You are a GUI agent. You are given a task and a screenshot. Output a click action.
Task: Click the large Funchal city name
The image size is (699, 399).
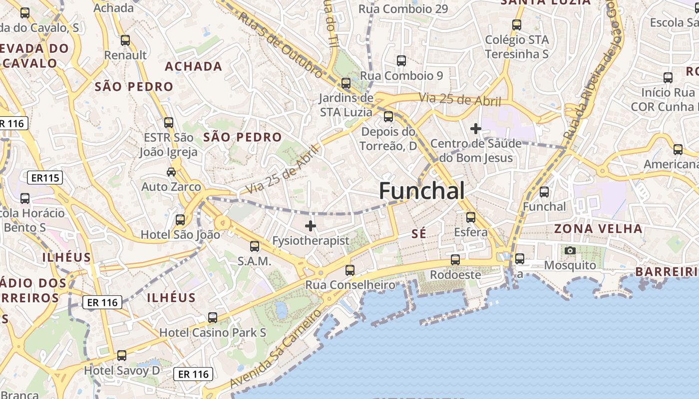coord(422,191)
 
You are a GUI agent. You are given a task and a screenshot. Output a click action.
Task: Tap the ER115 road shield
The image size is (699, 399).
coord(45,178)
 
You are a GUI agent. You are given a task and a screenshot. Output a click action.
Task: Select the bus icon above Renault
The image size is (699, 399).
coord(125,40)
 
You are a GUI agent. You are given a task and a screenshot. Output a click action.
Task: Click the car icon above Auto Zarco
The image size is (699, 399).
coord(171,172)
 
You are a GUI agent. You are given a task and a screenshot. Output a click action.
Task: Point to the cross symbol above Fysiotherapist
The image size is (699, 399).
coord(311,226)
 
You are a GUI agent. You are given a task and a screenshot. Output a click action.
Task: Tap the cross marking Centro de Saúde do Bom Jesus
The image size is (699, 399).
coord(476,129)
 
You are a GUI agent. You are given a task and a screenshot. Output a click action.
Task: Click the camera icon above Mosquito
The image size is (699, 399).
coord(570,250)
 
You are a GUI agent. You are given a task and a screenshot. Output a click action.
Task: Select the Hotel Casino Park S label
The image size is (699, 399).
coord(212,332)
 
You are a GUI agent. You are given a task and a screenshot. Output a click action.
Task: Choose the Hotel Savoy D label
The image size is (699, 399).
coord(122,371)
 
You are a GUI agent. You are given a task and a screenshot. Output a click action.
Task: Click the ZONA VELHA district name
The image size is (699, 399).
coord(598,229)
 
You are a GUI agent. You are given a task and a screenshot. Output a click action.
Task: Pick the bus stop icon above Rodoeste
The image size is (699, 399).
coord(455,260)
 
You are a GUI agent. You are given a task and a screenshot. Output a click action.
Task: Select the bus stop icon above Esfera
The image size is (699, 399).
coord(471,217)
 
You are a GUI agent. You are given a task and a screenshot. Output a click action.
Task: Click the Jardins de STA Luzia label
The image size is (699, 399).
coord(346,105)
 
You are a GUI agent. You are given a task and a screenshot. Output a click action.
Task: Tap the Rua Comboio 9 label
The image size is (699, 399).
coord(401,76)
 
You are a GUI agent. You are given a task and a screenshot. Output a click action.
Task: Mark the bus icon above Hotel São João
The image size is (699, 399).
coord(180,219)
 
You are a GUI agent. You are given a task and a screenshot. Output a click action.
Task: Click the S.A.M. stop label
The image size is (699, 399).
coord(254,261)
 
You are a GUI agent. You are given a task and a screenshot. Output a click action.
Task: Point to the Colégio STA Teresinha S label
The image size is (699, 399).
coord(517,47)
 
